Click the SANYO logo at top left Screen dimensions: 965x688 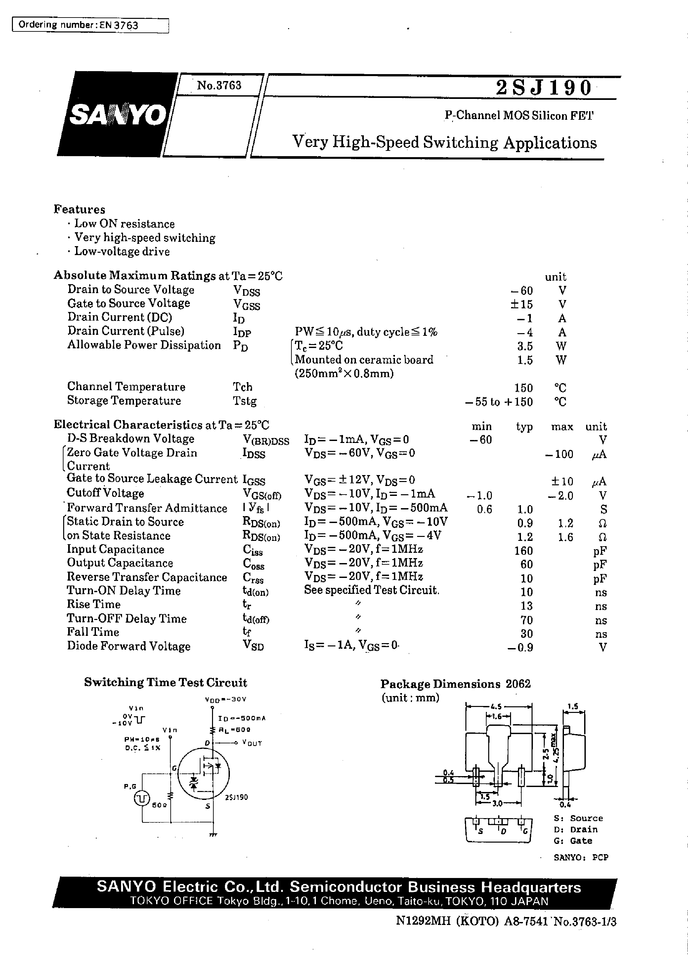pos(118,114)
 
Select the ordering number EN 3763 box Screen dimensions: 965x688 pos(90,25)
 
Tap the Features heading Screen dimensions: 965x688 pos(79,209)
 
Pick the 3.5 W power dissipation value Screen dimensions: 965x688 pos(525,346)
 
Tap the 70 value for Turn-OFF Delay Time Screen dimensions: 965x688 pos(526,620)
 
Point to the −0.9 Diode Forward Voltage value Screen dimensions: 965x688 pos(520,647)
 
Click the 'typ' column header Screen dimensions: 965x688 pos(524,426)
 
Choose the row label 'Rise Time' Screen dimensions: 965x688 pos(94,604)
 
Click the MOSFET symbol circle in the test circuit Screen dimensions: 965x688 pos(203,773)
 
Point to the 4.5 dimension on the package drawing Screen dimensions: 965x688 pos(496,706)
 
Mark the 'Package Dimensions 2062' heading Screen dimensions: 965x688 pos(455,684)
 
